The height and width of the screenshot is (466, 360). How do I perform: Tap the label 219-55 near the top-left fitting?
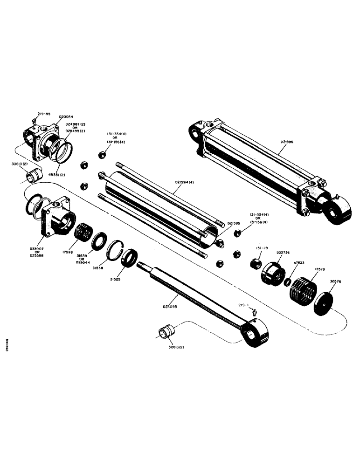(x=45, y=113)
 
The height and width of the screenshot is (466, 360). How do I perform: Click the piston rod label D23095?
(x=172, y=307)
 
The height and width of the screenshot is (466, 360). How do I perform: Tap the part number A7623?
(x=300, y=263)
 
